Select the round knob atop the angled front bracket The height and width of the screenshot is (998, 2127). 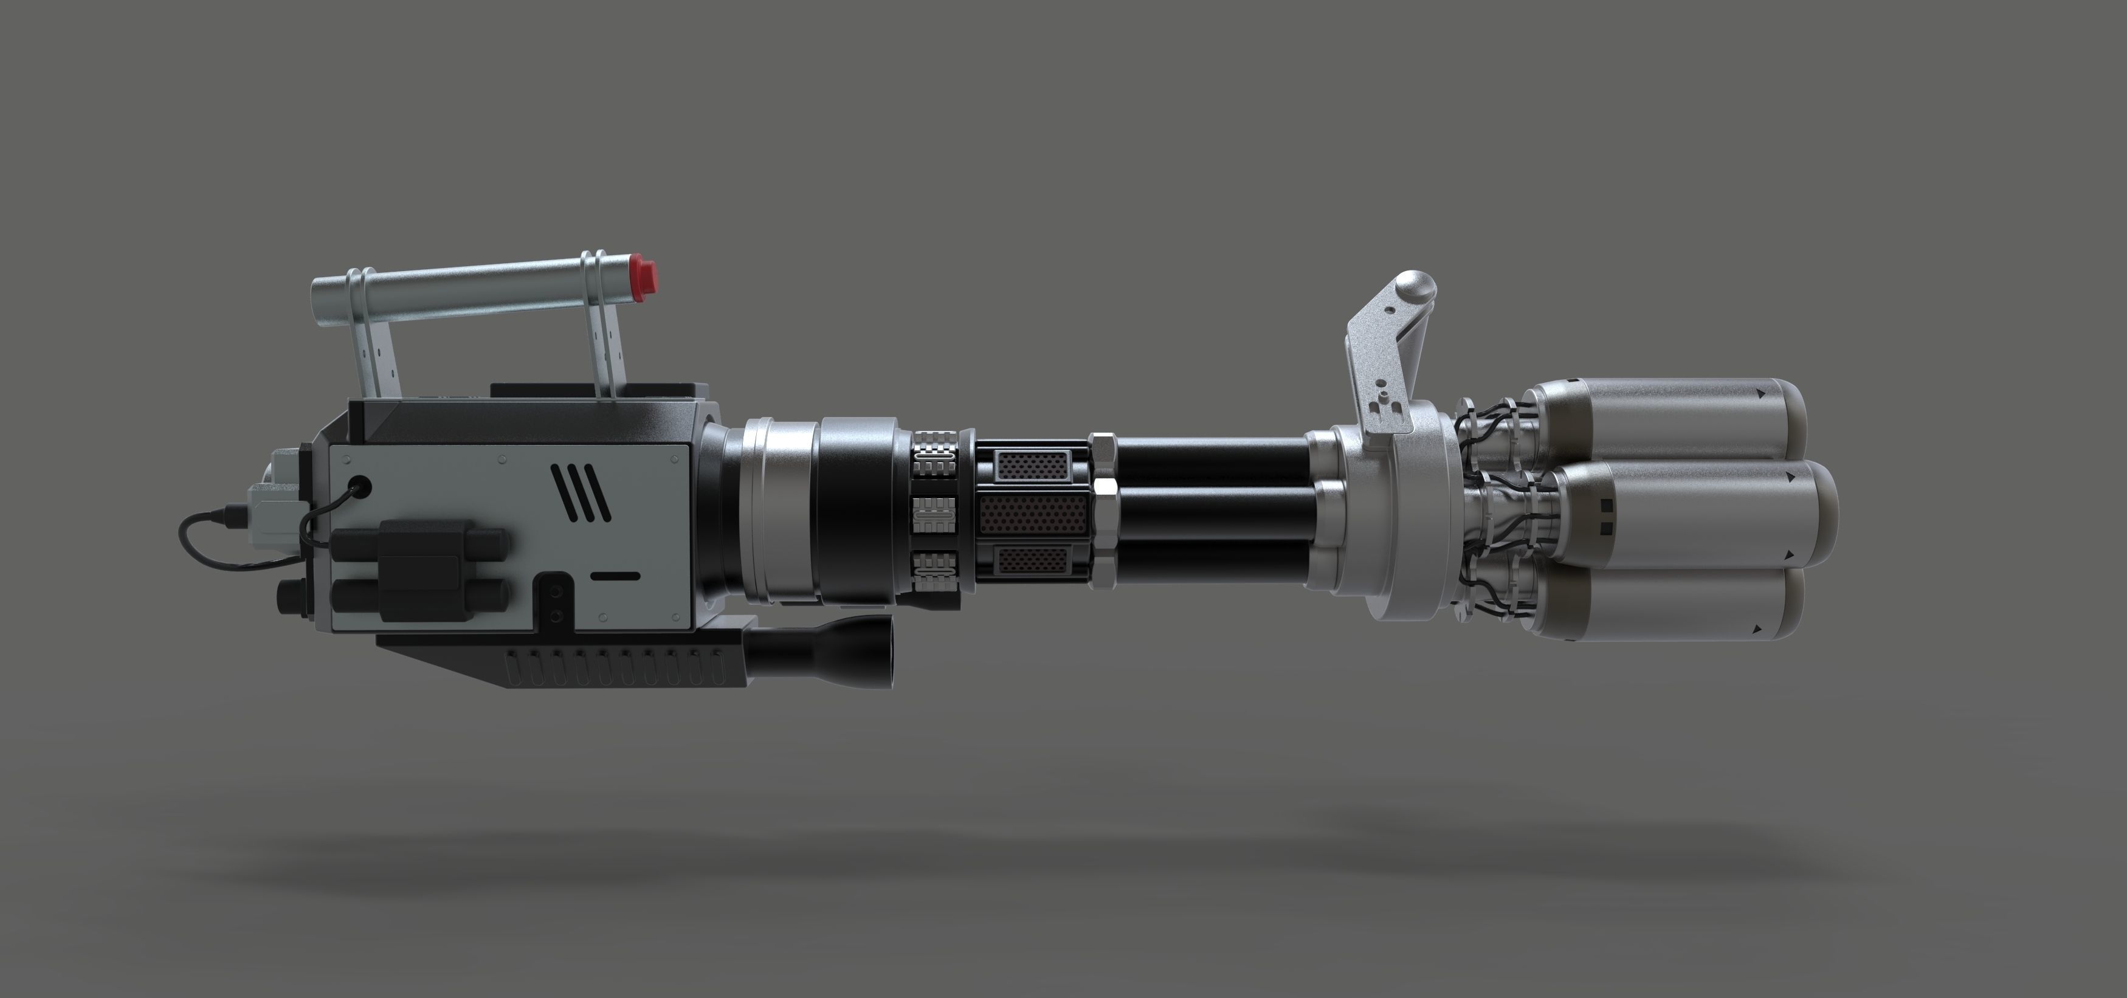pos(1413,291)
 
